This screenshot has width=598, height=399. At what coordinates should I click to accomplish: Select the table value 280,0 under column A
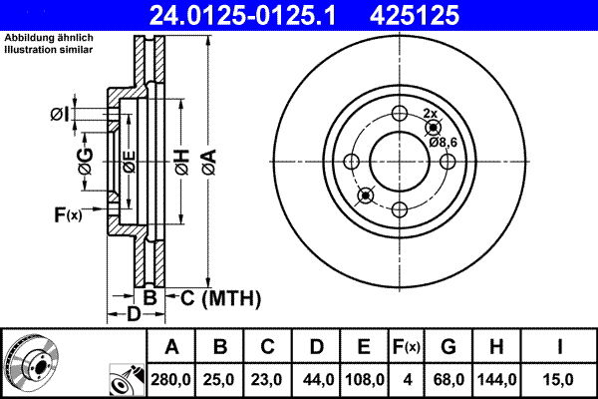click(x=171, y=378)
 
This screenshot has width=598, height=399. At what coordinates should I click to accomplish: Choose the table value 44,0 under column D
click(x=316, y=378)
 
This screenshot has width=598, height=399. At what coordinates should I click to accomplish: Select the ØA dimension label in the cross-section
click(x=207, y=157)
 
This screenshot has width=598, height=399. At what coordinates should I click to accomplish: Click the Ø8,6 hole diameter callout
click(x=443, y=143)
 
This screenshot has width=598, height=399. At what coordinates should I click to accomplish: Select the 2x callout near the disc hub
click(x=430, y=114)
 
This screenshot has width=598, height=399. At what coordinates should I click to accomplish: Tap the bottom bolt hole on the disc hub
click(x=398, y=209)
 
